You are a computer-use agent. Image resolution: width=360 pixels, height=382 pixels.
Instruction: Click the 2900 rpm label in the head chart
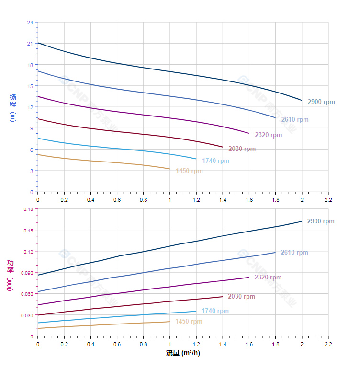coord(321,102)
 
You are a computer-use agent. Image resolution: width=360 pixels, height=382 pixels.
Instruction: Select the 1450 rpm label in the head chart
coord(189,171)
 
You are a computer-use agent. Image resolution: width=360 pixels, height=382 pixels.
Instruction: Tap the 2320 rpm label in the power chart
coord(268,278)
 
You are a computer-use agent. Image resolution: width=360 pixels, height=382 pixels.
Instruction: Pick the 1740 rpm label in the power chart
coord(215,311)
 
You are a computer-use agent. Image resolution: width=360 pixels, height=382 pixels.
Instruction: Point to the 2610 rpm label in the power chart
coord(294,253)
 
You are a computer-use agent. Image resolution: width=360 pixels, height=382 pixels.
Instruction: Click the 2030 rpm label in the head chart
coord(242,149)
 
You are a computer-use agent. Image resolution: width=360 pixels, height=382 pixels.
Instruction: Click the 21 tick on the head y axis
coord(30,44)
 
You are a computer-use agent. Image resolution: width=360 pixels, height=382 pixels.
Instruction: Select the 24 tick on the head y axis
coord(30,23)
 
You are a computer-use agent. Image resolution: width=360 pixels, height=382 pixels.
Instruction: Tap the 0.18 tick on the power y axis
coord(28,209)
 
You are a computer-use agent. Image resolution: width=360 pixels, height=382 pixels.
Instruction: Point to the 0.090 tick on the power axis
coord(27,273)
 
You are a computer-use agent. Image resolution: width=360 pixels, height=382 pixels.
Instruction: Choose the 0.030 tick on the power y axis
coord(27,315)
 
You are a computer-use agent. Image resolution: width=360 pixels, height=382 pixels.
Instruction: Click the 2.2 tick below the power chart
coord(328,345)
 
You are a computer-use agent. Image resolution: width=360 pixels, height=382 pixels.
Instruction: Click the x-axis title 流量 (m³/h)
coord(183,353)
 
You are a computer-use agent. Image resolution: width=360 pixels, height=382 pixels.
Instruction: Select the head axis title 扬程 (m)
coord(13,107)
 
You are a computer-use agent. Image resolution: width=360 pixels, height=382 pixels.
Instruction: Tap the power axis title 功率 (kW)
coord(11,275)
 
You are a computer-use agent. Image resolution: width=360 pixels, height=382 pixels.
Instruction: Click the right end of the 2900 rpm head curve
coord(302,100)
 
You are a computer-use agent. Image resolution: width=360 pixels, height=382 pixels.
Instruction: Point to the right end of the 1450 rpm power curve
coord(170,322)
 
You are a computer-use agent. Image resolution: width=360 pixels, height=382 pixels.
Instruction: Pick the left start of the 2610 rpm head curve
coord(38,71)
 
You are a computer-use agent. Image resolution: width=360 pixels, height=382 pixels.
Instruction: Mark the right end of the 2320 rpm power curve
coord(249,277)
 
